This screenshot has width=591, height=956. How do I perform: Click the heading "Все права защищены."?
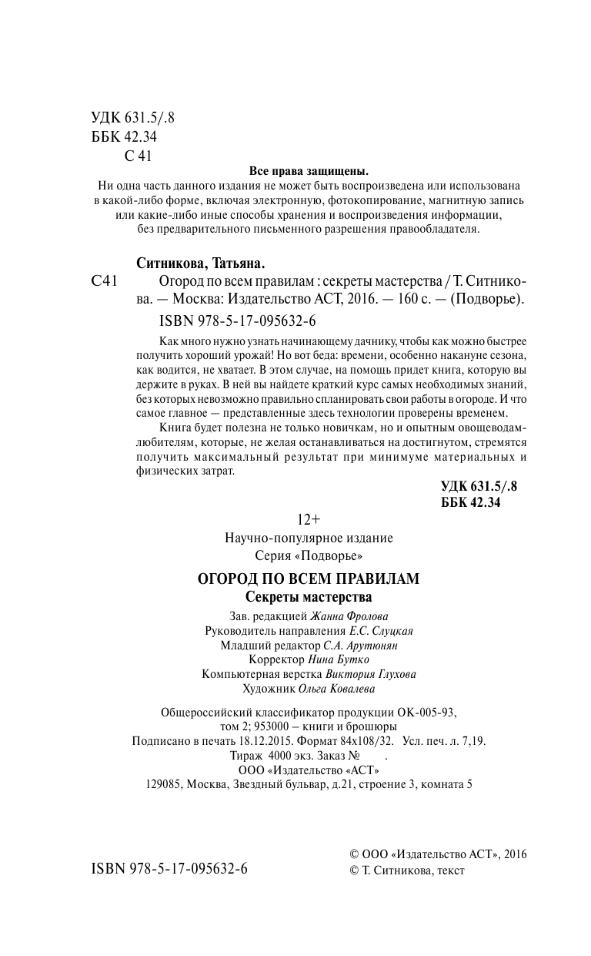tap(309, 171)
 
